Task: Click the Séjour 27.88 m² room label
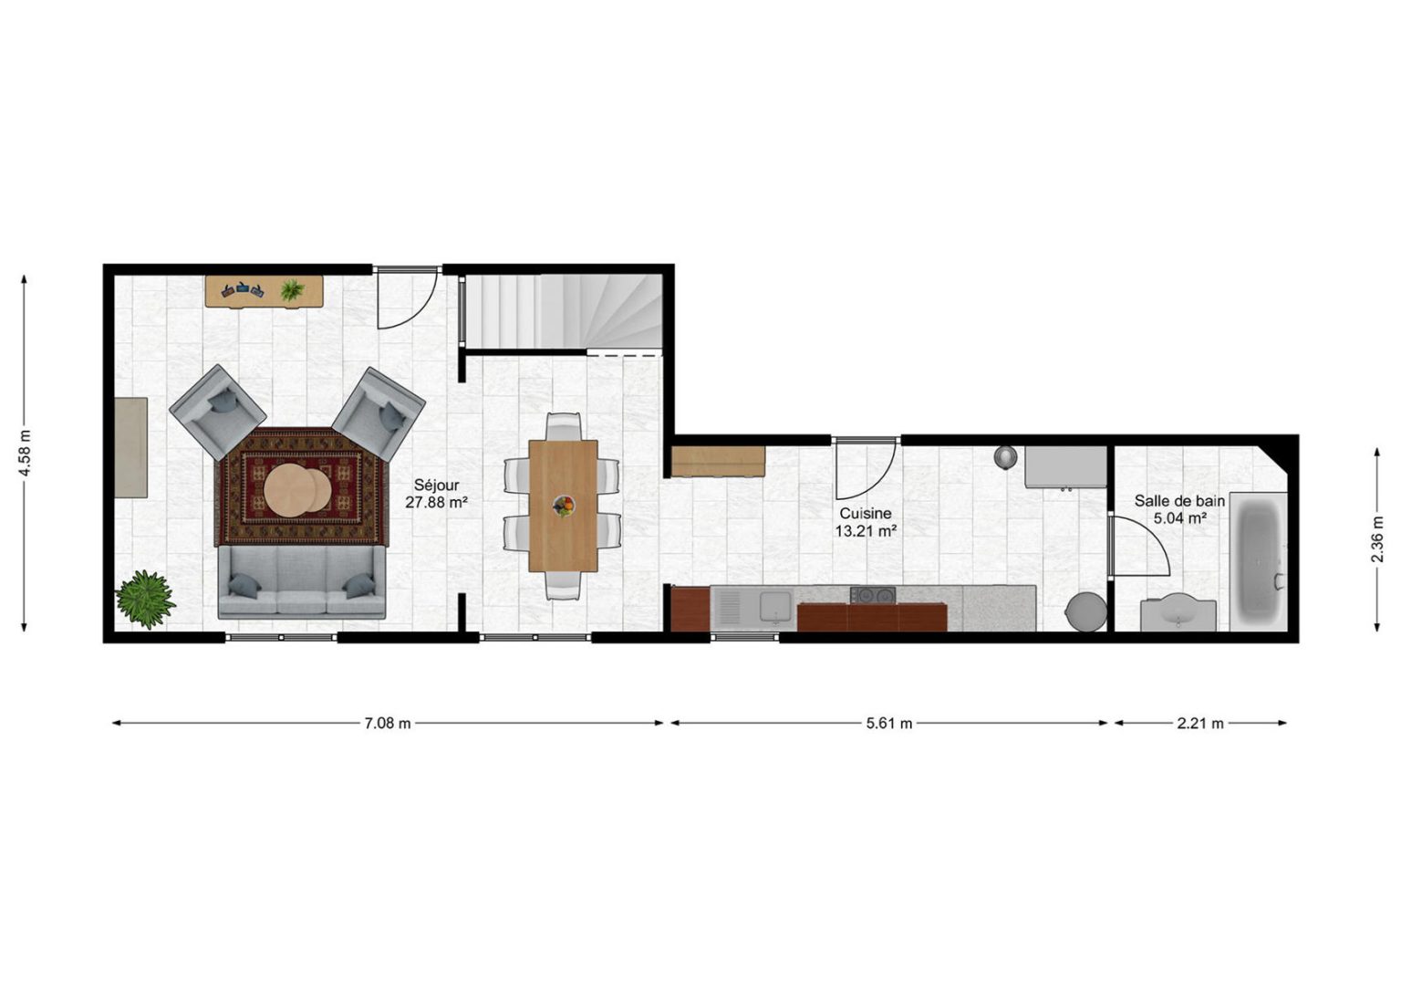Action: (437, 493)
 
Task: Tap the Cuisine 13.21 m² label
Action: (866, 522)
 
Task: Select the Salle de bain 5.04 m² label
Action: (1179, 509)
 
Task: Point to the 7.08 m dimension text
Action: (388, 723)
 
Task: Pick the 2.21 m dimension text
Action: (1200, 723)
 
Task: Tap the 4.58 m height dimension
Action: (25, 454)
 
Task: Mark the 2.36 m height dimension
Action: (1377, 539)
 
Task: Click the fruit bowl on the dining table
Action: (564, 506)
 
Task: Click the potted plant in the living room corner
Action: (146, 599)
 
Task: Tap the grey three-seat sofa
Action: (302, 582)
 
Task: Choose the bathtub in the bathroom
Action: (1259, 561)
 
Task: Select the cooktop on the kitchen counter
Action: (873, 595)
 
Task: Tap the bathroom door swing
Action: (1138, 543)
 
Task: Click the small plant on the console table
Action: (292, 290)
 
